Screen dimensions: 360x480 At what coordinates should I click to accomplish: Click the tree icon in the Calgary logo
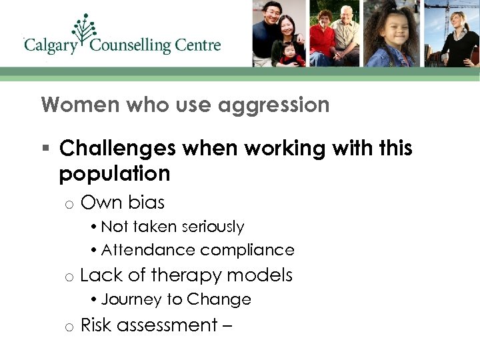pos(85,29)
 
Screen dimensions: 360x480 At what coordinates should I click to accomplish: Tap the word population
pos(115,173)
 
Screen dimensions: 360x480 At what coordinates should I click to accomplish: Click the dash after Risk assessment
pos(231,325)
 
